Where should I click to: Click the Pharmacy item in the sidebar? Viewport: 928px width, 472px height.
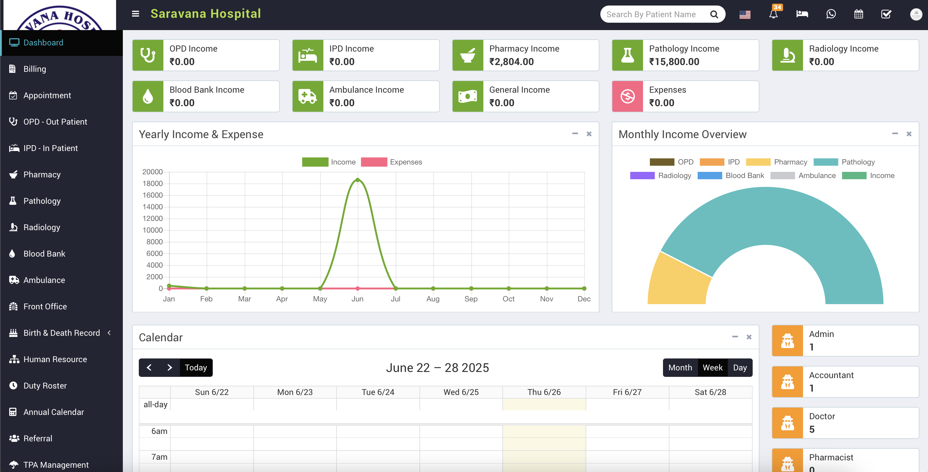(42, 175)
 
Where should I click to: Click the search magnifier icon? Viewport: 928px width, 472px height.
(714, 14)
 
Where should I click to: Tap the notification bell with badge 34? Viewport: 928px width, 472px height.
(773, 14)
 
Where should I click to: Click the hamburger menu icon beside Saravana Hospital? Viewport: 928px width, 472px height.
(135, 14)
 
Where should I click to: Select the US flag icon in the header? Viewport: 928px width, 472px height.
(745, 14)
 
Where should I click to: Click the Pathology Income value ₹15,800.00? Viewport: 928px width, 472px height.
(674, 62)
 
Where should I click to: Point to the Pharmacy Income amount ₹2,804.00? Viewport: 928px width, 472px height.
(511, 62)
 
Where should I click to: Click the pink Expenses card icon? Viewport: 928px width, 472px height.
(627, 96)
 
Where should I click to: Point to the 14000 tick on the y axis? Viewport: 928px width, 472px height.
(152, 207)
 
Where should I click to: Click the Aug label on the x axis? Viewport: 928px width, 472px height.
(433, 299)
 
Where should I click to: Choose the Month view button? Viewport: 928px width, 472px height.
(680, 368)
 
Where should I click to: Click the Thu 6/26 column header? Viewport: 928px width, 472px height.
(544, 392)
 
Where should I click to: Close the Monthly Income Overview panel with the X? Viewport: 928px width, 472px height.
(909, 134)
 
